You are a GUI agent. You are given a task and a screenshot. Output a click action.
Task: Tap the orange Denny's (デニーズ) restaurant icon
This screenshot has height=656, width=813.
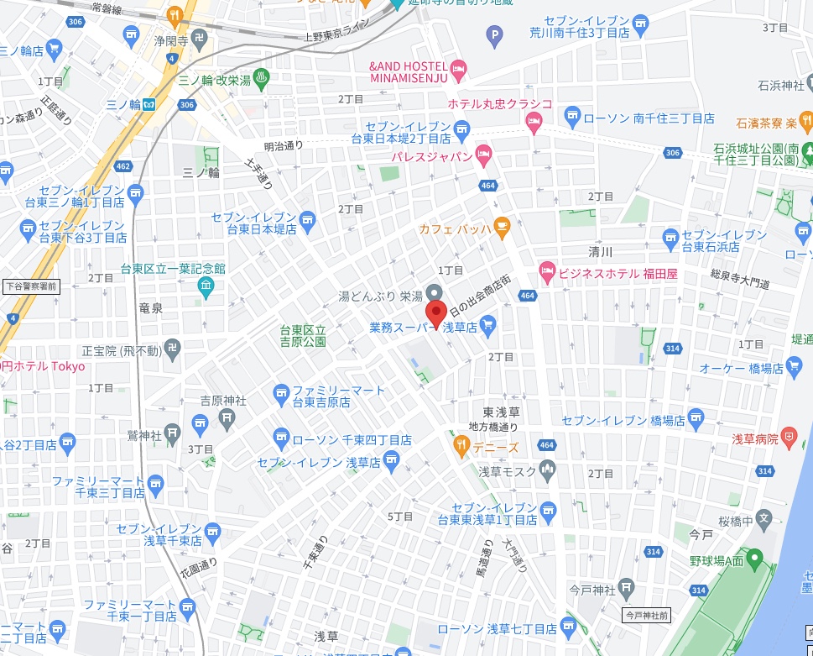click(461, 443)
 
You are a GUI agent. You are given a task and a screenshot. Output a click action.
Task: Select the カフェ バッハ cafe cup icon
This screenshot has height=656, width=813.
click(501, 225)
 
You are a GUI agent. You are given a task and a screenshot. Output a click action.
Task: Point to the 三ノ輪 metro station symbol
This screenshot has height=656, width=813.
click(149, 104)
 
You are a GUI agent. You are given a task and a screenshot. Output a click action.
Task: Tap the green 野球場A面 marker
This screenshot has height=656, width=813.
click(753, 557)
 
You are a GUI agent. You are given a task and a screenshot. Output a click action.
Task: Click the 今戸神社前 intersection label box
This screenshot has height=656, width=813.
click(646, 616)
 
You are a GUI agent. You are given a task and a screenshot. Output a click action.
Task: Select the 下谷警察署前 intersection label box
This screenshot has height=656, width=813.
click(31, 286)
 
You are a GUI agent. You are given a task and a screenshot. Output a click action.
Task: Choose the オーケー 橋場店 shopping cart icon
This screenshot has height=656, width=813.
click(793, 367)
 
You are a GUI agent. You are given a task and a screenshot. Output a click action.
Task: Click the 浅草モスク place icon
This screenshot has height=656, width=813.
click(547, 468)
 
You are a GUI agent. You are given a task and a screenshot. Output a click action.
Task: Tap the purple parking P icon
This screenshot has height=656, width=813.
click(494, 34)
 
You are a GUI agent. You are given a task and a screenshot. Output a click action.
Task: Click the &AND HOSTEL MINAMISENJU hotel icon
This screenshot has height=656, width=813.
click(458, 67)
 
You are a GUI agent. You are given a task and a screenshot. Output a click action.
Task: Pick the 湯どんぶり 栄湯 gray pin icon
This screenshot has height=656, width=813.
click(434, 291)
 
